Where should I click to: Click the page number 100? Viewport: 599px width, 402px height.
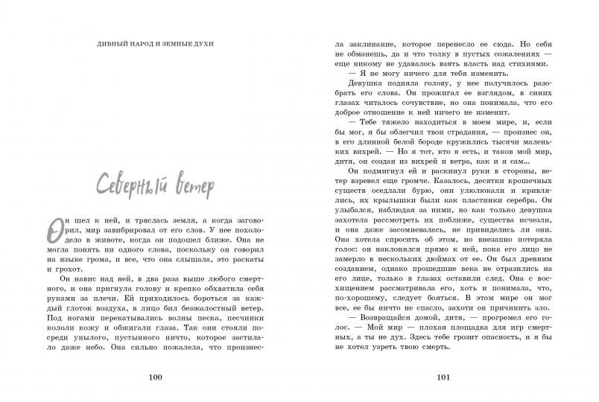point(155,377)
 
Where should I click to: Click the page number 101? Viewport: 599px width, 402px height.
point(444,377)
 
